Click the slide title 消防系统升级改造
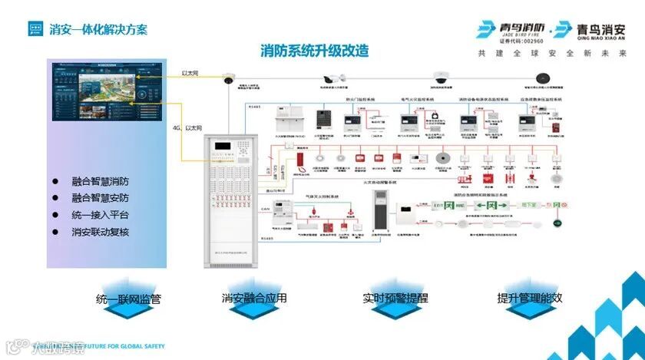315,51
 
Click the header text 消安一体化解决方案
98,30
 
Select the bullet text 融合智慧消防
100,182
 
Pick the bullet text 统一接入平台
100,215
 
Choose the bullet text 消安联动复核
100,231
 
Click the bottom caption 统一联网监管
128,299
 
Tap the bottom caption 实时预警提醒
396,298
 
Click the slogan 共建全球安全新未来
551,54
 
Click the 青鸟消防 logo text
516,27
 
